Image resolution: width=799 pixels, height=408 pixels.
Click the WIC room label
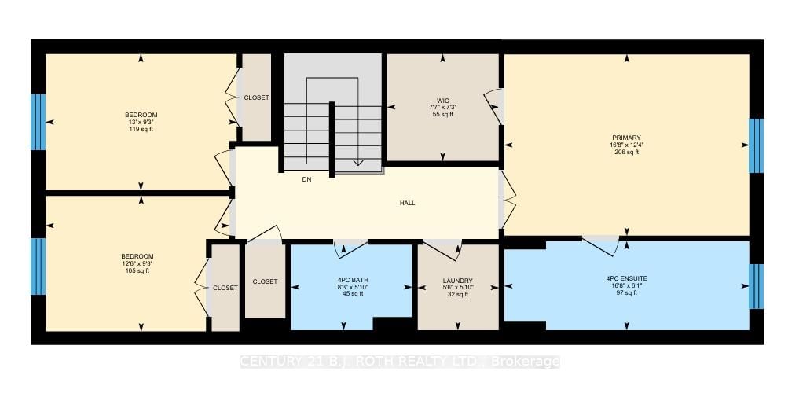[x=443, y=99]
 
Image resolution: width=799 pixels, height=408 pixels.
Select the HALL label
[x=407, y=203]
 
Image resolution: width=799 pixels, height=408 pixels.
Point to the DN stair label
[x=307, y=179]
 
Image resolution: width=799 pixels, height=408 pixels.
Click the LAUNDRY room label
[x=457, y=281]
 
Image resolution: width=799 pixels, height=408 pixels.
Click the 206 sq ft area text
[x=627, y=152]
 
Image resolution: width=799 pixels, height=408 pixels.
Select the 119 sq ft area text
[x=141, y=128]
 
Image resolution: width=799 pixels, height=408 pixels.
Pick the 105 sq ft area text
[x=137, y=270]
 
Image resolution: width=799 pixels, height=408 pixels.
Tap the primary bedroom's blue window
[x=756, y=145]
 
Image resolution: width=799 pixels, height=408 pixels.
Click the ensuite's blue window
[x=756, y=286]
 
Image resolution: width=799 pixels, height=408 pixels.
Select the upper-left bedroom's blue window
[x=38, y=122]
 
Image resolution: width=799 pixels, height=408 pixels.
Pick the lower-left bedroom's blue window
[x=38, y=265]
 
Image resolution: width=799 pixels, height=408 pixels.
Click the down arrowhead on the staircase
[x=357, y=164]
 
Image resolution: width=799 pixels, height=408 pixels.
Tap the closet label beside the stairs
[x=256, y=97]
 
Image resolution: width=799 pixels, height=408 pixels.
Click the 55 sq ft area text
[x=443, y=114]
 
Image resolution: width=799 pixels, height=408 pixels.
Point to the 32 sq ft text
[x=457, y=295]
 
